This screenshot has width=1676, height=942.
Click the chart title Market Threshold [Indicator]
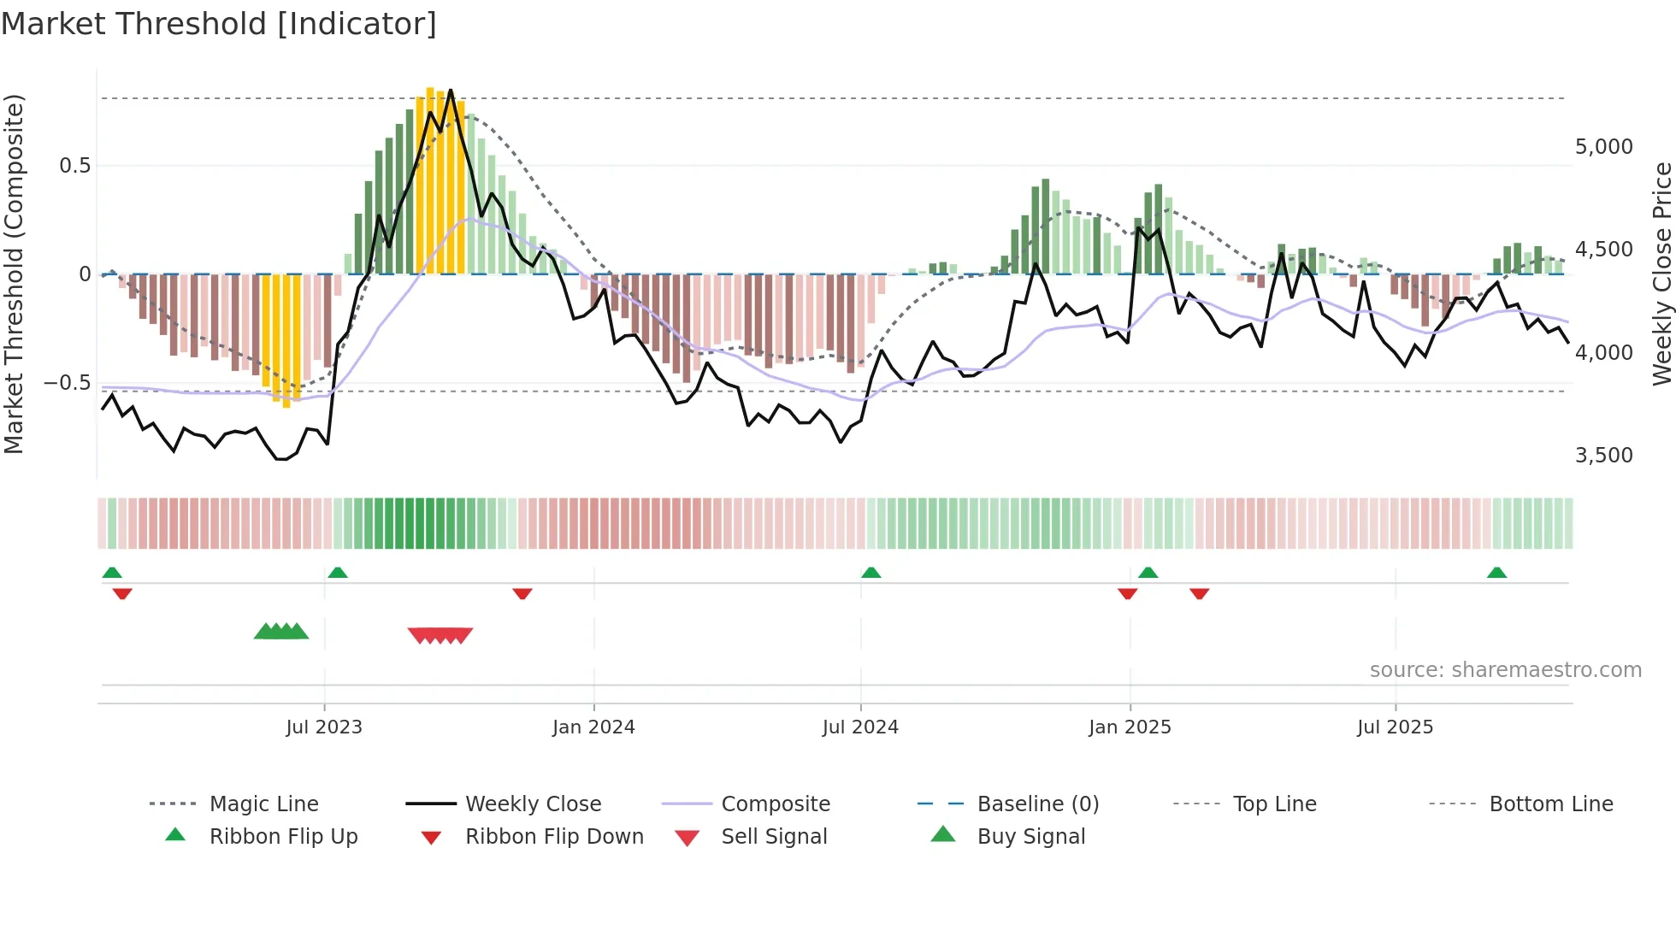click(x=219, y=24)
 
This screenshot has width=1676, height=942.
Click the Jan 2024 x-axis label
click(x=593, y=727)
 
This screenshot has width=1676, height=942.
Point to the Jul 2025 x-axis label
click(x=1395, y=727)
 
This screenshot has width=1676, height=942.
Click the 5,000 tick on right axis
click(x=1603, y=147)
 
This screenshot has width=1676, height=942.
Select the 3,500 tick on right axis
click(x=1603, y=455)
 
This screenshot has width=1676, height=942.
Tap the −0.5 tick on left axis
click(x=67, y=382)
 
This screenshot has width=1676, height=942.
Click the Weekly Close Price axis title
click(x=1661, y=274)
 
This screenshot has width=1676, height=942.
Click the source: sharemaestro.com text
click(x=1505, y=669)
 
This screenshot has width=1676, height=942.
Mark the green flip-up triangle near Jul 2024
click(x=870, y=572)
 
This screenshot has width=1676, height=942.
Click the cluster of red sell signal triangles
click(x=440, y=635)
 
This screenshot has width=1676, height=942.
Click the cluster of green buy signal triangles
click(x=281, y=632)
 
